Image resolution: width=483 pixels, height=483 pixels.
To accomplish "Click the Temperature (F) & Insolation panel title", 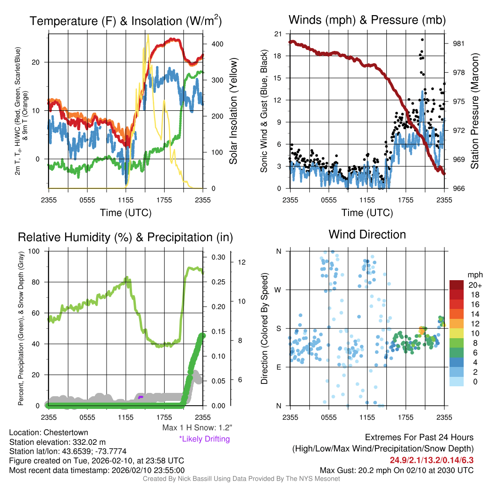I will [125, 21].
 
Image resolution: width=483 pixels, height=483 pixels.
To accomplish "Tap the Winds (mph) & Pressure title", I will [367, 20].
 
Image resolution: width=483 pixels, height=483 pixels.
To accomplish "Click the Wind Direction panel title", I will [367, 234].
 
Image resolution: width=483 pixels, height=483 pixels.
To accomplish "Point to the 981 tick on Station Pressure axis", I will [459, 44].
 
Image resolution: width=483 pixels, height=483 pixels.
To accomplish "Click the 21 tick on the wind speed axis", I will [278, 34].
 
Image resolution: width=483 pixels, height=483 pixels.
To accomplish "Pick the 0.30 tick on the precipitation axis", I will [218, 257].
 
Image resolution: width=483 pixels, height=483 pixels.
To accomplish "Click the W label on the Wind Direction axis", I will [279, 290].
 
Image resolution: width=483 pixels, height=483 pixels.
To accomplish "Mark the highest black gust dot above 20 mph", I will [422, 40].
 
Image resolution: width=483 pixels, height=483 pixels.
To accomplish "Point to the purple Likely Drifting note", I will [204, 439].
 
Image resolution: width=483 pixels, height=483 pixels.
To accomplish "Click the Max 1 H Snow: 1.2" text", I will [197, 428].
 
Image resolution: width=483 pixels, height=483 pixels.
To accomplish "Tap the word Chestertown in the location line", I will [66, 432].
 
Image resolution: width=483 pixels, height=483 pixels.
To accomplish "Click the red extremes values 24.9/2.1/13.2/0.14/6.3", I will [431, 460].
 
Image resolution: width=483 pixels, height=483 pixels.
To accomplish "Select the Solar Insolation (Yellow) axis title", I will [233, 111].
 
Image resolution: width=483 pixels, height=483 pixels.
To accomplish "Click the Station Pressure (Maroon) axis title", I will [475, 111].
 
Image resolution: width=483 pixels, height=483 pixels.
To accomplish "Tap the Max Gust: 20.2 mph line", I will [396, 470].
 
